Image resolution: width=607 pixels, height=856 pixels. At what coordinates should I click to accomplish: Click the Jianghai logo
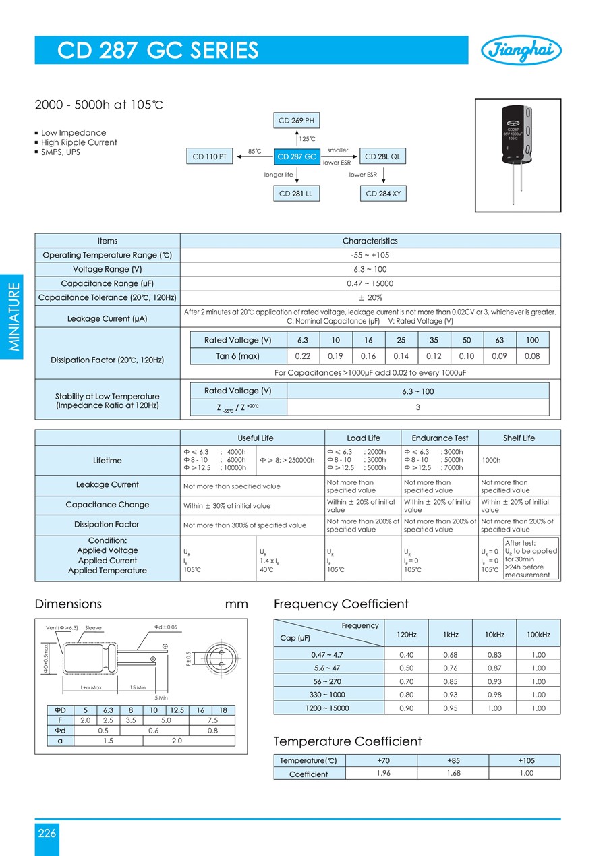(x=521, y=50)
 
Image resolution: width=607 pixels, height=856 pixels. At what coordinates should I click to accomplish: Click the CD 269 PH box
(x=297, y=121)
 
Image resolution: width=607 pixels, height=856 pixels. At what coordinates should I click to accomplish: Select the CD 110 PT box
(x=209, y=156)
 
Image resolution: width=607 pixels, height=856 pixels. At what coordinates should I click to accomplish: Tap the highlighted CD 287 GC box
(x=297, y=156)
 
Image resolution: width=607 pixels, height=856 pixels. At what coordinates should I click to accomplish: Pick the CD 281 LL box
(x=297, y=194)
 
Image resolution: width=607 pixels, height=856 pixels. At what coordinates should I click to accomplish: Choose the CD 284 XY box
(x=383, y=194)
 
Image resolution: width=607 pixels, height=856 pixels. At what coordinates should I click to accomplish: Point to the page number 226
(x=47, y=833)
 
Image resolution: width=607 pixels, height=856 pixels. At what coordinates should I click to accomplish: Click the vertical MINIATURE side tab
(x=15, y=317)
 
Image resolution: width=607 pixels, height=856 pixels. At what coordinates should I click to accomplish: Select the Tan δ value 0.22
(x=303, y=356)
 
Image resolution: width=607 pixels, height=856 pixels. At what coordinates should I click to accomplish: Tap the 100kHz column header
(x=538, y=635)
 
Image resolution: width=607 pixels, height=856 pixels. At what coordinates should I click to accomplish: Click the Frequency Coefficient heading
(x=341, y=604)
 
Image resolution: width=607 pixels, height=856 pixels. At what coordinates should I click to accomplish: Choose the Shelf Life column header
(x=519, y=438)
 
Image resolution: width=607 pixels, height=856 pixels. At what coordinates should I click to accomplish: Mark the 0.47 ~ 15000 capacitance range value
(x=370, y=283)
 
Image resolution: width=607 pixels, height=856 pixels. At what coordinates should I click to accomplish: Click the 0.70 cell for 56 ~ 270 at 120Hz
(x=407, y=681)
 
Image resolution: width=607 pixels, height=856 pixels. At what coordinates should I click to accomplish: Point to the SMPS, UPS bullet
(x=61, y=152)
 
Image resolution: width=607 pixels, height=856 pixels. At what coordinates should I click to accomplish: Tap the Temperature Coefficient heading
(x=347, y=741)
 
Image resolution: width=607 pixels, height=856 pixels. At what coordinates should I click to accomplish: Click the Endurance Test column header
(x=440, y=438)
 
